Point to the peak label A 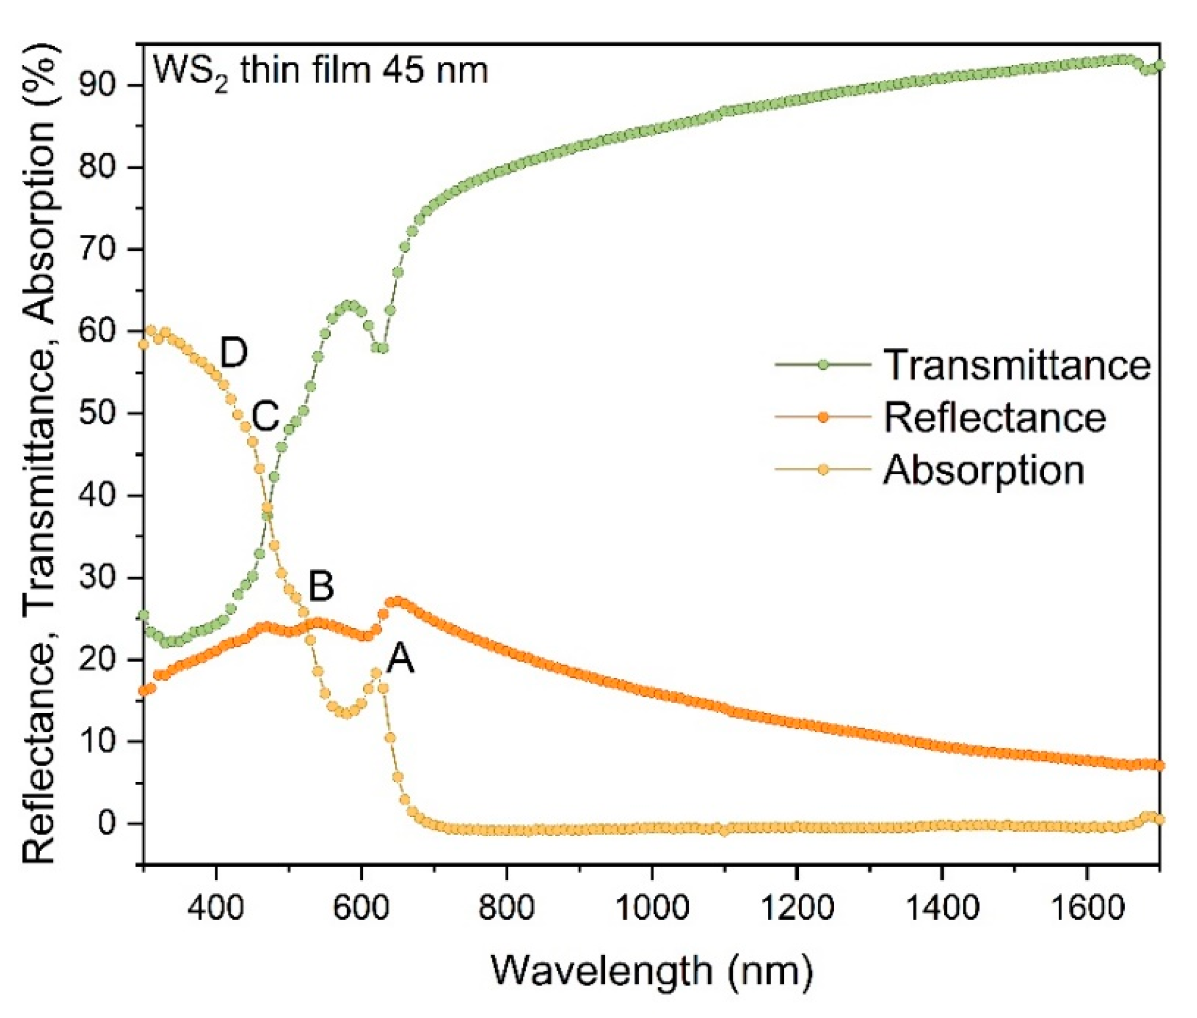[400, 658]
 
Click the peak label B [321, 587]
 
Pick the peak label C [265, 416]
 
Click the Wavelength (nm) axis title [652, 971]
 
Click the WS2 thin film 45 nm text [320, 72]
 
